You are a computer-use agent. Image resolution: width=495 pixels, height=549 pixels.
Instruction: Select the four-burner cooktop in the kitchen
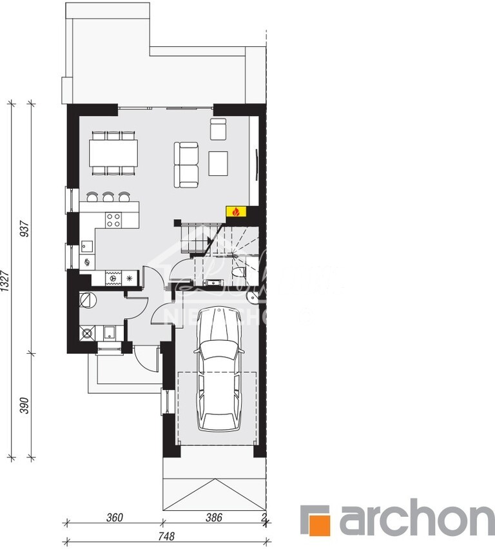pos(114,220)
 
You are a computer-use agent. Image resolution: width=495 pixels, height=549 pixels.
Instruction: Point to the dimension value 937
pos(25,230)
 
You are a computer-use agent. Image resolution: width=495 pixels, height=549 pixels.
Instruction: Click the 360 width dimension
pos(115,517)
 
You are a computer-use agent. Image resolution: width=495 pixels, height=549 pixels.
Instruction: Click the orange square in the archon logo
pos(316,519)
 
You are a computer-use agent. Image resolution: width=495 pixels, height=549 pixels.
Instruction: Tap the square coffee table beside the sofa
pos(219,162)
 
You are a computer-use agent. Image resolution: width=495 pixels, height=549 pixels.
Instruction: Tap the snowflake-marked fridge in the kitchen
pos(130,278)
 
